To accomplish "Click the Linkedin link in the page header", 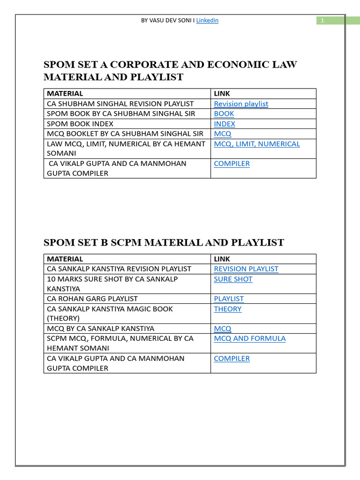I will tap(207, 20).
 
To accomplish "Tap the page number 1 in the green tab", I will tap(322, 20).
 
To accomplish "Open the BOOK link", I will tap(224, 114).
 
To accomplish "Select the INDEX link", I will tap(225, 124).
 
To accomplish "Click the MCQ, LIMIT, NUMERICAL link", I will tap(257, 144).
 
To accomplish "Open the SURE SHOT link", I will tap(233, 279).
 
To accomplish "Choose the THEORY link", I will tap(228, 309).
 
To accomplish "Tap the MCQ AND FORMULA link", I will tap(249, 338).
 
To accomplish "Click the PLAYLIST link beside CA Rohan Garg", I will tap(229, 299).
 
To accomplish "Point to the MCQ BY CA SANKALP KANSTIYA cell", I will tap(100, 329).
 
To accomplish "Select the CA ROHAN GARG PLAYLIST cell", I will tap(92, 299).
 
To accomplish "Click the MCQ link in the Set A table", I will tap(223, 134).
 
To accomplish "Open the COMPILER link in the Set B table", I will tap(232, 359).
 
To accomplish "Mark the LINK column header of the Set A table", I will tap(222, 94).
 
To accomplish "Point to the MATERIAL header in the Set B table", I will tap(65, 259).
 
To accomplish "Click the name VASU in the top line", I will tap(161, 20).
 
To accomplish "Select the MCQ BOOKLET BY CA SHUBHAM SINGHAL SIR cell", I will tap(125, 134).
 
